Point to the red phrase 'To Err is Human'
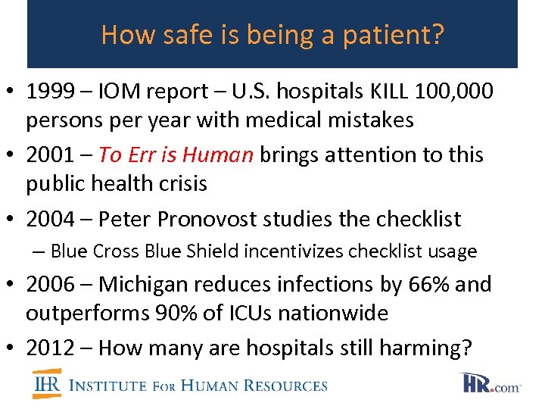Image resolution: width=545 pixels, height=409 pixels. pyautogui.click(x=176, y=155)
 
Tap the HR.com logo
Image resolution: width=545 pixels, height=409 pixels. pyautogui.click(x=490, y=383)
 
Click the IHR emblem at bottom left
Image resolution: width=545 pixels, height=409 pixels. pyautogui.click(x=47, y=384)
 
